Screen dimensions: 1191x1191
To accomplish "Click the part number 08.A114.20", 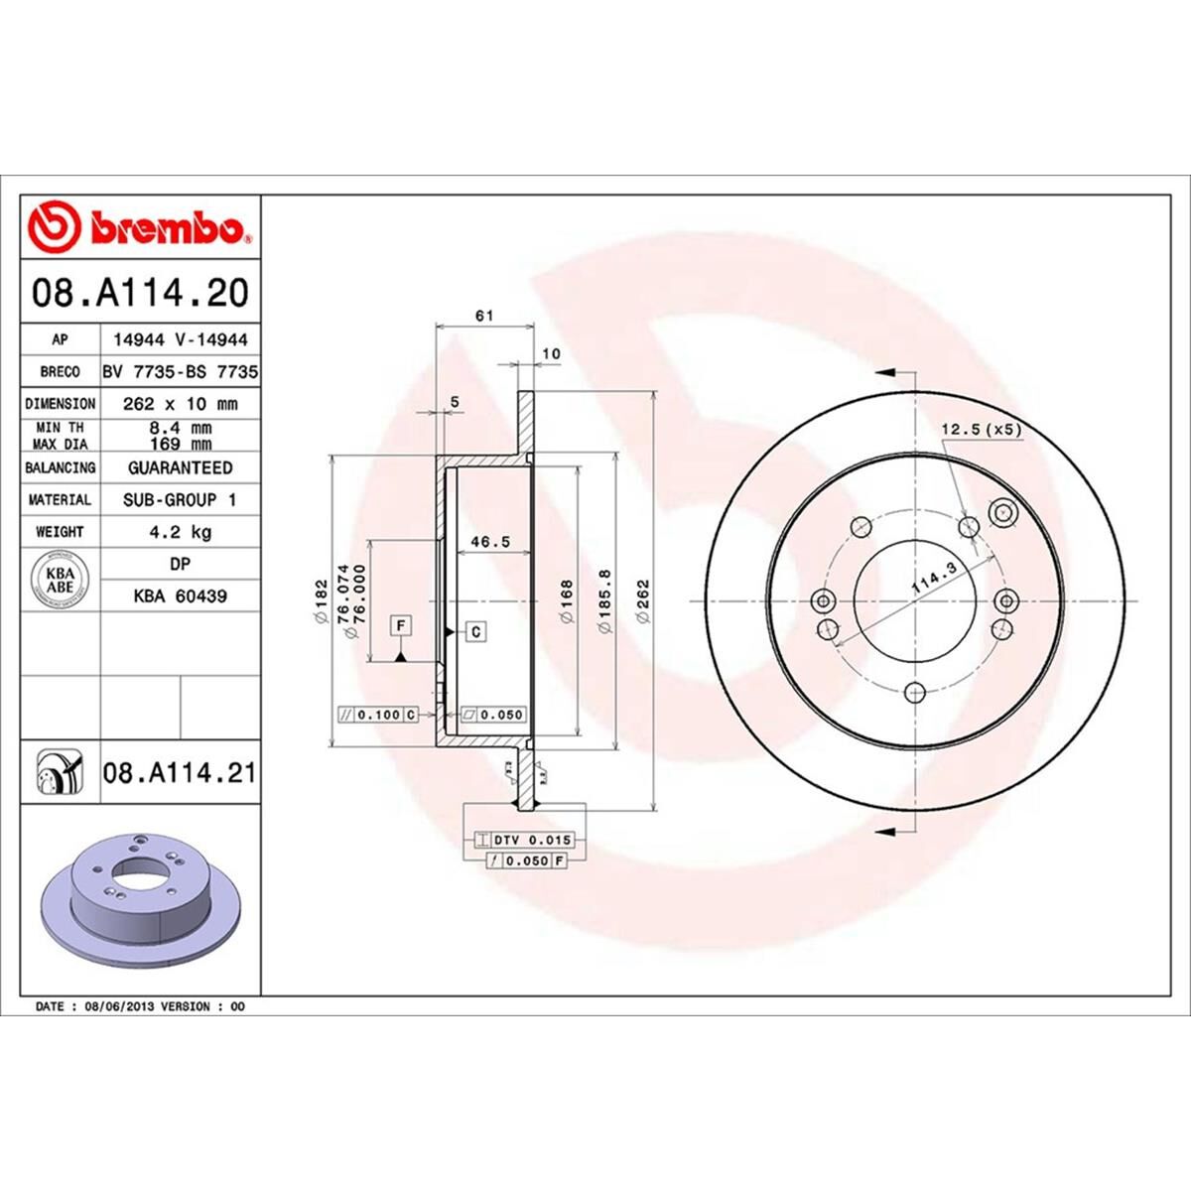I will (x=140, y=293).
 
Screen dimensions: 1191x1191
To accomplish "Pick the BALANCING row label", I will (x=61, y=467).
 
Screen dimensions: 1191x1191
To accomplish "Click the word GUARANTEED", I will (x=180, y=467).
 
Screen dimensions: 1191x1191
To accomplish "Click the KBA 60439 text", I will (x=180, y=596).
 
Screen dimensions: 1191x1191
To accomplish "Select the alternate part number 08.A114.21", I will (x=179, y=771).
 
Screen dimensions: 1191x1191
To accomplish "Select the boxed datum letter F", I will (x=401, y=625).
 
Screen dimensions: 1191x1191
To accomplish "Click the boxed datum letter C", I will (x=476, y=631).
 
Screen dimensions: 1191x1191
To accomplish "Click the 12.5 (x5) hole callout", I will (x=981, y=430).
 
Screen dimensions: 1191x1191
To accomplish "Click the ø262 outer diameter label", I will (x=643, y=601).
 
